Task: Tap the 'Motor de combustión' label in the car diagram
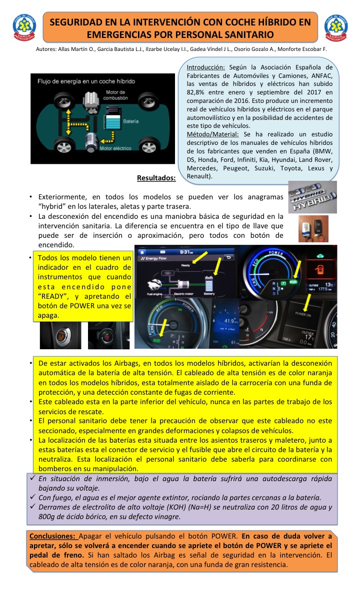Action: coord(118,95)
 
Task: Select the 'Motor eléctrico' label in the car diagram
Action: coord(115,148)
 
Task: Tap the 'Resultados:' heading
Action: coord(156,178)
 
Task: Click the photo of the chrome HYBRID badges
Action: coord(312,197)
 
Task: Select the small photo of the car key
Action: coord(313,229)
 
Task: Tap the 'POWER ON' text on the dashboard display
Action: coord(303,314)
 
